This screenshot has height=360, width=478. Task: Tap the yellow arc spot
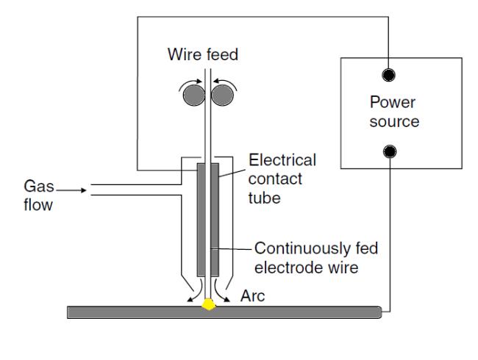point(209,303)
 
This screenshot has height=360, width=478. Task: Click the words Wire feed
point(203,55)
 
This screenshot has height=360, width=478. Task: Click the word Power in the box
point(392,102)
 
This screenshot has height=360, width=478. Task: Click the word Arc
point(253,296)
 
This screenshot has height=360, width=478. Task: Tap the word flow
point(38,205)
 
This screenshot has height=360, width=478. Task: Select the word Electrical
point(282,160)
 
